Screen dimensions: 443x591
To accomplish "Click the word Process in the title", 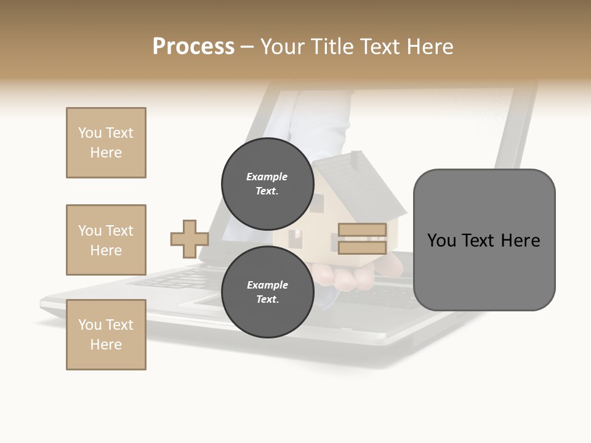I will point(193,47).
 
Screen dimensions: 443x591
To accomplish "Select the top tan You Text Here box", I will point(106,143).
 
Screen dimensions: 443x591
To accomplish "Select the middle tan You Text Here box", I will point(106,240).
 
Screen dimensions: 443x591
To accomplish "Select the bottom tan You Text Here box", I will point(106,335).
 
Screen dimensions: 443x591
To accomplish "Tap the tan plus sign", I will point(190,239).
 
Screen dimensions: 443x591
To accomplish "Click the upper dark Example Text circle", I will point(267,183).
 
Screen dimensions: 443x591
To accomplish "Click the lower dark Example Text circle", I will point(267,292).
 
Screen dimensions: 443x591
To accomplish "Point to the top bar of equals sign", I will point(362,230).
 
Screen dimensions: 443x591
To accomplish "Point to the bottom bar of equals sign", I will point(362,248).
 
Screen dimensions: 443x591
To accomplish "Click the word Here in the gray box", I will point(520,241).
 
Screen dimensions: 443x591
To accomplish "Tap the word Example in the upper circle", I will point(267,177).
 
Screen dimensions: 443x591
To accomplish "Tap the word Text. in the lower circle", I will point(267,299).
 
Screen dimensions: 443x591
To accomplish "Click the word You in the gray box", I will point(442,241).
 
